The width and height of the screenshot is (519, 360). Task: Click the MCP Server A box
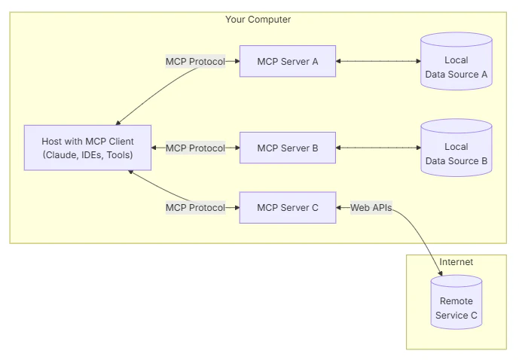288,61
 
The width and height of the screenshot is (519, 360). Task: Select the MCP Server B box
288,148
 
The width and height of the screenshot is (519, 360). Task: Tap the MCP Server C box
288,207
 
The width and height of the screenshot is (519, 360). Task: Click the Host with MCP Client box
87,148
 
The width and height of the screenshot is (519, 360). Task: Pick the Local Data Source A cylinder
456,61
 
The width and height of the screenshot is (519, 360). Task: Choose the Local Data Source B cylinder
456,148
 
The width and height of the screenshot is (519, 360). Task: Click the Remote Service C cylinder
456,302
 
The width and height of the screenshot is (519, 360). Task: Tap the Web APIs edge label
371,207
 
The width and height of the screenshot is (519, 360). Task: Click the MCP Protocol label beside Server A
195,61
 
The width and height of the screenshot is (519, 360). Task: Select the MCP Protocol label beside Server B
195,148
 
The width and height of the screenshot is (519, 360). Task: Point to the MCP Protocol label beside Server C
195,207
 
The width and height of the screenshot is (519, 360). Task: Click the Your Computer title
258,19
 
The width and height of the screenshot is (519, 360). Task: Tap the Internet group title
456,262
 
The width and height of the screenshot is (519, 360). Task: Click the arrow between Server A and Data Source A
378,61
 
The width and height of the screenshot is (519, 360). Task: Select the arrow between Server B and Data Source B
378,148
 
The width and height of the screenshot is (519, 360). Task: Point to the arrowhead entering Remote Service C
440,273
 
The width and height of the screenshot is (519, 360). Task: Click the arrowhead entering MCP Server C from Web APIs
339,207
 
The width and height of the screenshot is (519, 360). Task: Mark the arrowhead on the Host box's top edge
118,123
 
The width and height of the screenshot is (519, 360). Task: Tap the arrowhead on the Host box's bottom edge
131,172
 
